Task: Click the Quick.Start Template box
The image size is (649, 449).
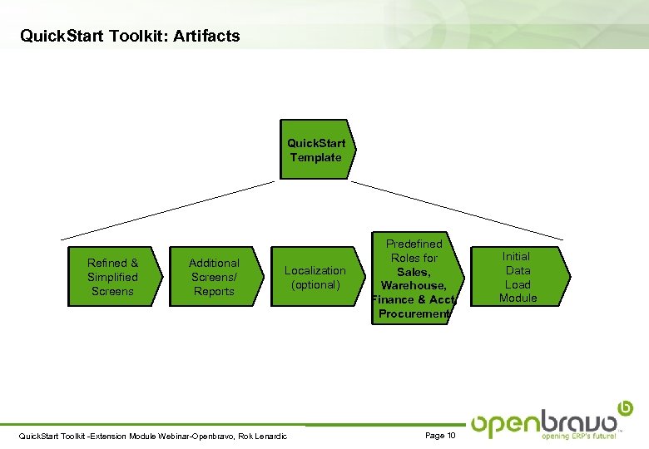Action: pyautogui.click(x=316, y=150)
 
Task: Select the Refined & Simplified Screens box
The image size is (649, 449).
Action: pyautogui.click(x=113, y=277)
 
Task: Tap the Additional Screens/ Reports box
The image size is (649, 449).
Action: pyautogui.click(x=214, y=277)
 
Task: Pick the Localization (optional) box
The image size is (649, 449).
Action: pyautogui.click(x=315, y=277)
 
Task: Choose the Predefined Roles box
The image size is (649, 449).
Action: pyautogui.click(x=414, y=278)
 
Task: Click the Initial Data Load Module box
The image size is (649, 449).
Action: pyautogui.click(x=518, y=277)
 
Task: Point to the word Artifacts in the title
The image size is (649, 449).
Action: pyautogui.click(x=207, y=36)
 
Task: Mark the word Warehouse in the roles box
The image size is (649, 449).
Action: pyautogui.click(x=414, y=285)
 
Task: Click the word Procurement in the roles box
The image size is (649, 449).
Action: pyautogui.click(x=414, y=313)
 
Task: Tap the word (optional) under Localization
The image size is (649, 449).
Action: pyautogui.click(x=315, y=284)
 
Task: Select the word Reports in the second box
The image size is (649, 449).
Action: pyautogui.click(x=214, y=291)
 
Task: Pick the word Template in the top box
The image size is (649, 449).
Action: pyautogui.click(x=316, y=157)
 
